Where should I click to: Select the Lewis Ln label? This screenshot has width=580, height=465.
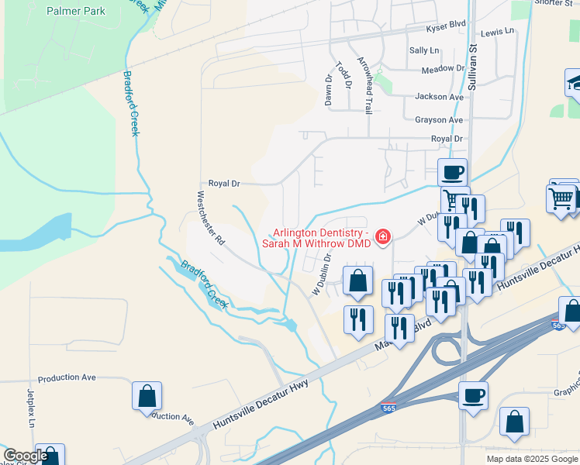[497, 33]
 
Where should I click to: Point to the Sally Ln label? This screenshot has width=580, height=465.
[423, 50]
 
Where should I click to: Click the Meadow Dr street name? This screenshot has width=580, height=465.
[442, 70]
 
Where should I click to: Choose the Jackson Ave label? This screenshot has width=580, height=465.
[439, 97]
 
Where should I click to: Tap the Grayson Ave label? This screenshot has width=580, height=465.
[439, 120]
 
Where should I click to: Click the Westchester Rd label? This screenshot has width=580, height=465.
[211, 219]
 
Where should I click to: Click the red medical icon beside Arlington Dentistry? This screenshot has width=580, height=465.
[381, 237]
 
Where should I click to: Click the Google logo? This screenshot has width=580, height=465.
[26, 456]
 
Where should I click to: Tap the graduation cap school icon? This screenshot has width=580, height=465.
[573, 83]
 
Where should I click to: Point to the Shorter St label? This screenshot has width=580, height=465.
[554, 3]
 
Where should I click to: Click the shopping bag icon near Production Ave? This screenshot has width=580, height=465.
[147, 396]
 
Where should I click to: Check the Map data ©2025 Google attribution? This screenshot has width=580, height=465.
[531, 459]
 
